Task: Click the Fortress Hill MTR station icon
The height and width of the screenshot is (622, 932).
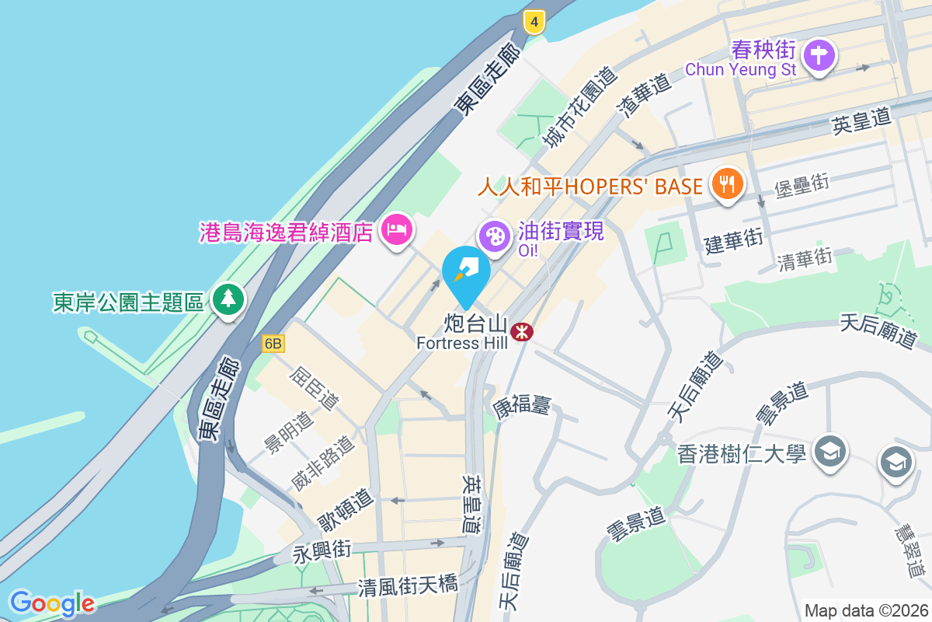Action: (522, 332)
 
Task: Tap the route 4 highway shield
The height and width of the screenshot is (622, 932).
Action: (533, 22)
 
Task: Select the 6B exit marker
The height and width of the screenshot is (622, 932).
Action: (273, 344)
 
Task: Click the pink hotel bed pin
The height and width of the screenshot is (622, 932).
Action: (397, 229)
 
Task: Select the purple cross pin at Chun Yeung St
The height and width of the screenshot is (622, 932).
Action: (819, 56)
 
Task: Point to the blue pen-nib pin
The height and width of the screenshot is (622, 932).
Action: (466, 272)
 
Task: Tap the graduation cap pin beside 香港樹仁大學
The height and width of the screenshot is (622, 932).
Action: (830, 450)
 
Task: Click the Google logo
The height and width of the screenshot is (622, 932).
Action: (52, 603)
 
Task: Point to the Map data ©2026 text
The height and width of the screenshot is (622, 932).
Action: (866, 610)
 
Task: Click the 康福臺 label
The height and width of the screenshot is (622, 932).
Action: (522, 404)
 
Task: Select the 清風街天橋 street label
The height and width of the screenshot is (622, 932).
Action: (408, 585)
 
